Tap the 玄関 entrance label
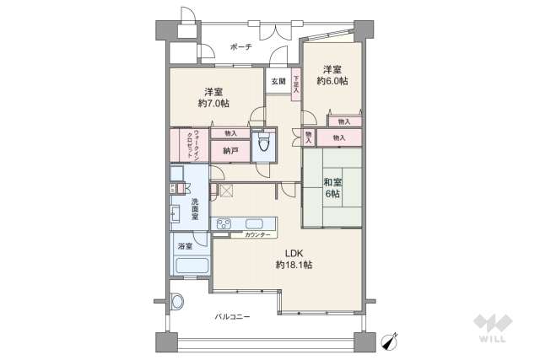click(278, 82)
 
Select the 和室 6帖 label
click(332, 187)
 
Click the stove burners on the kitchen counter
click(224, 223)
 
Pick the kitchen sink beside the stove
click(253, 223)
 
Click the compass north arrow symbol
click(390, 341)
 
